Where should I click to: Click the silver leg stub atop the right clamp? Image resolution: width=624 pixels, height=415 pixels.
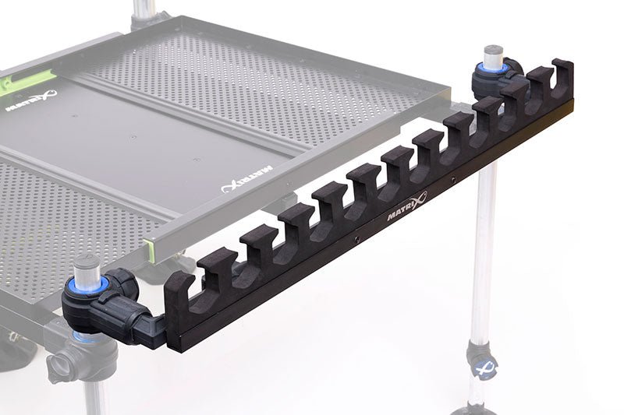pyautogui.click(x=492, y=57)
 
